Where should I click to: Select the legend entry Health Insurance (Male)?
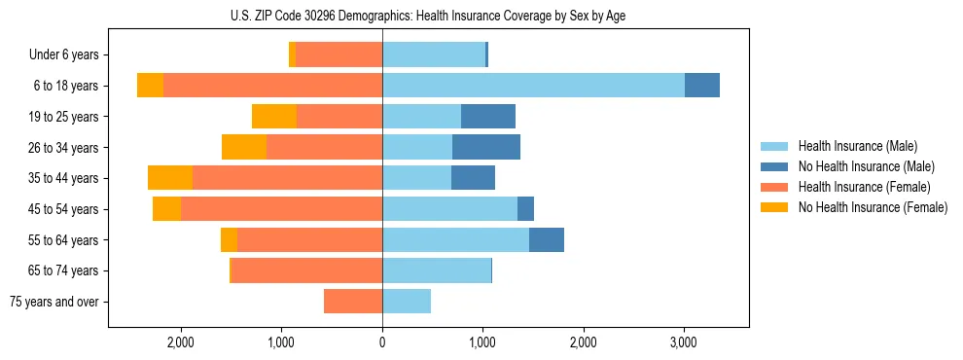[857, 146]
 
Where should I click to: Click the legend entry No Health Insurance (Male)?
[866, 166]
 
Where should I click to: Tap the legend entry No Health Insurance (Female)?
[873, 207]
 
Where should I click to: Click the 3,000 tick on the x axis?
[684, 342]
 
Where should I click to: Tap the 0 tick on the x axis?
[382, 342]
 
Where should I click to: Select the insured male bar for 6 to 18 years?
[533, 86]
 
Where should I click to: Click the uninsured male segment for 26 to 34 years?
[486, 148]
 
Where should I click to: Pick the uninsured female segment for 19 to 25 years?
[274, 117]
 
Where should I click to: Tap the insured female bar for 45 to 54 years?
[282, 209]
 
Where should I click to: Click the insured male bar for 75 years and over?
[407, 302]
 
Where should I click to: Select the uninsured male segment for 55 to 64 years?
[547, 240]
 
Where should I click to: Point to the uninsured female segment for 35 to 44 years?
[170, 178]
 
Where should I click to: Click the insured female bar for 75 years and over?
[353, 302]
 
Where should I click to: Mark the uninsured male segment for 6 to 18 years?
[702, 86]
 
